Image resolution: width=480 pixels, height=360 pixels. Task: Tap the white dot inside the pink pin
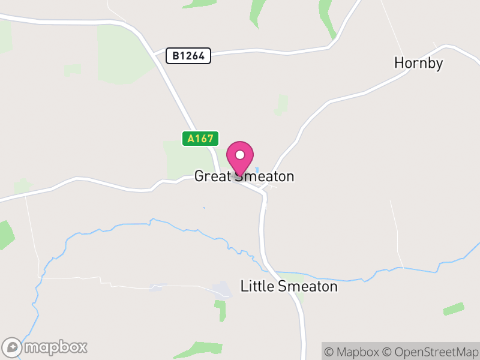pos(240,155)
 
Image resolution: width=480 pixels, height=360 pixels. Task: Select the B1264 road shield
pos(188,56)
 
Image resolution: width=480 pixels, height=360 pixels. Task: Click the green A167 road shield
pos(200,139)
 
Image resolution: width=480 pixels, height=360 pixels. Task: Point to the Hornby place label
pos(418,63)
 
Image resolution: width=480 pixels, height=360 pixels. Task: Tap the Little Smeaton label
pos(289,287)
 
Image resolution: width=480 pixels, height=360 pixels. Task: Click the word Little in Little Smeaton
pos(257,287)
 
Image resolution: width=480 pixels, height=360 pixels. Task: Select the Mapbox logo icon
pos(13,347)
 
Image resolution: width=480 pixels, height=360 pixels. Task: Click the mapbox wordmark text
pos(56,347)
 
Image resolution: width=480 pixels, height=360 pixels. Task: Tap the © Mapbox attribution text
pos(353,352)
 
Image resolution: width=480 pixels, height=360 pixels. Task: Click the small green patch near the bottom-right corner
pos(453,309)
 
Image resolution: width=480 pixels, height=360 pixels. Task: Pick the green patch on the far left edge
pos(5,235)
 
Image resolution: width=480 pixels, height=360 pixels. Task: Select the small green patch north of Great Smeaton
pos(281,104)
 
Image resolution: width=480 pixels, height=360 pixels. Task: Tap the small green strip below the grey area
pos(221,311)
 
